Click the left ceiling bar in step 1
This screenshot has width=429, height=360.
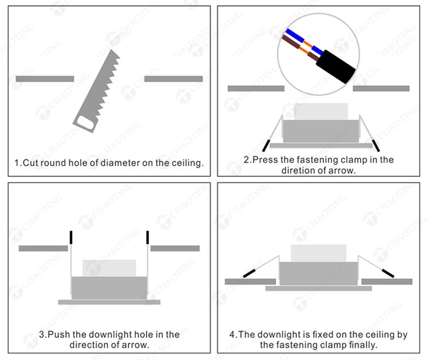pos(45,79)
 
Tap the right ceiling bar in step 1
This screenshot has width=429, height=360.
pos(173,79)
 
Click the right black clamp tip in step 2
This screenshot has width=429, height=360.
pos(376,145)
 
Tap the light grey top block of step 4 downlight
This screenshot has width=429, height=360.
pos(318,253)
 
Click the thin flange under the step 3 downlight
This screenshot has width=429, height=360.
pos(109,302)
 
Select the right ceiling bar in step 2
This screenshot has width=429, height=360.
pos(381,89)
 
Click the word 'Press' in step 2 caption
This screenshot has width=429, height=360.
pos(265,160)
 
